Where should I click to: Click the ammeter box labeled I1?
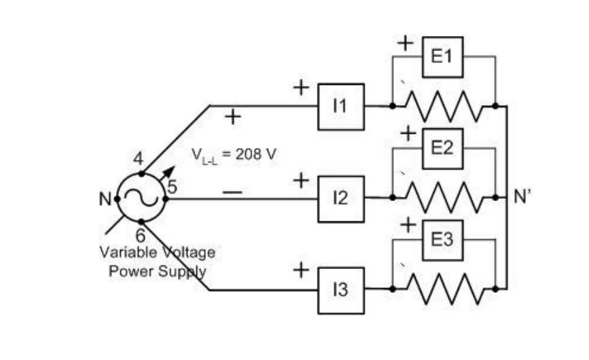point(341,107)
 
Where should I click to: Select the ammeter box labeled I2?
point(341,198)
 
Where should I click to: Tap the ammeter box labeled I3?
point(341,290)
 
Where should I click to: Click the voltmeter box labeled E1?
point(442,56)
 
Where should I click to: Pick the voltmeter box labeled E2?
point(442,147)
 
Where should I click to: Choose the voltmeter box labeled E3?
point(442,239)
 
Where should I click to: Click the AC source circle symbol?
point(141,198)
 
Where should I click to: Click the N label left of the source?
point(106,199)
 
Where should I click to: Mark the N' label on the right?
point(522,199)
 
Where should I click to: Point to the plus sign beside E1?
point(406,43)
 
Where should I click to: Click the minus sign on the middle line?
point(232,192)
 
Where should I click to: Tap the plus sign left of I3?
point(301,270)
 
